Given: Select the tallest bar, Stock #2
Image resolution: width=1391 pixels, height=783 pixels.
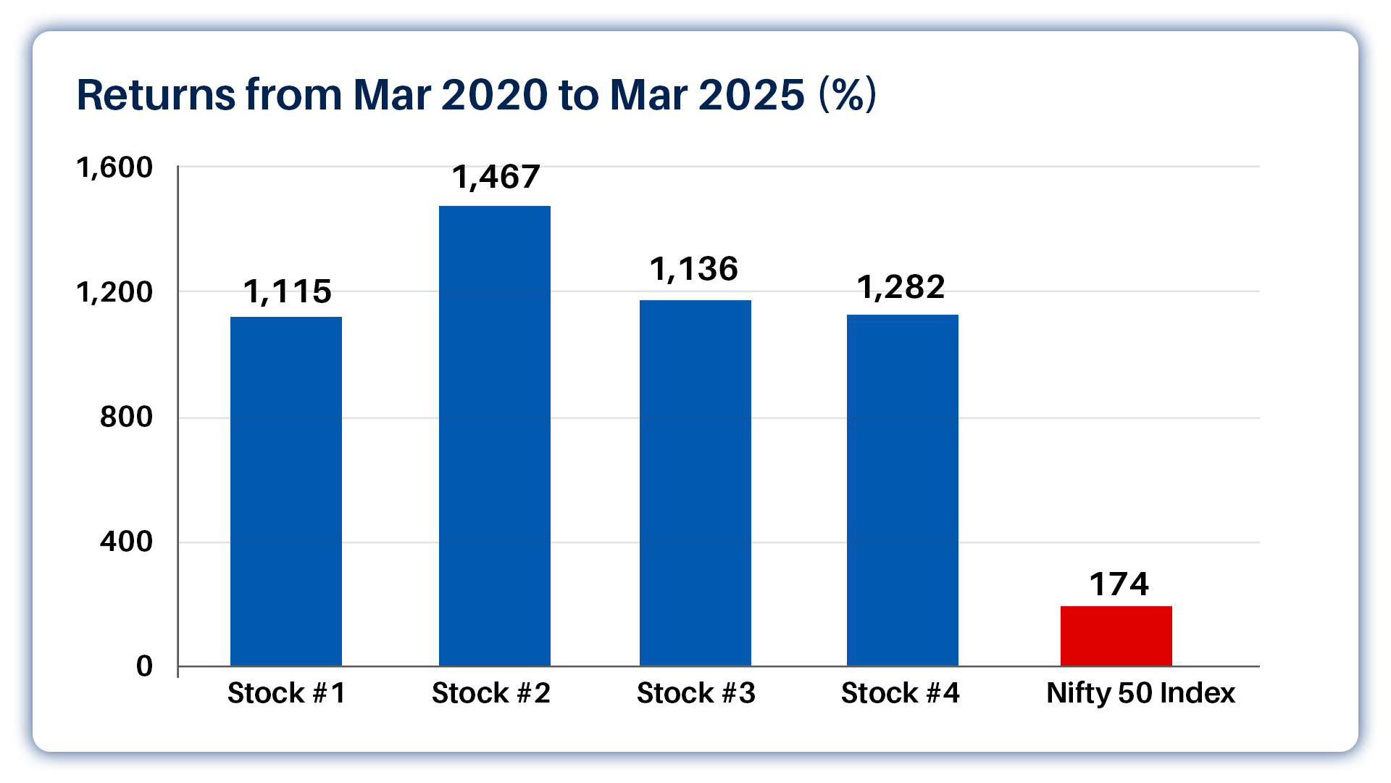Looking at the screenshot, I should coord(495,436).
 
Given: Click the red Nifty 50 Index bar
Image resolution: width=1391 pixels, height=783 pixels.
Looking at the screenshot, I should coord(1116,636).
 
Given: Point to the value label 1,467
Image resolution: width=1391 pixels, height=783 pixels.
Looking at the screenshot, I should coord(496,178).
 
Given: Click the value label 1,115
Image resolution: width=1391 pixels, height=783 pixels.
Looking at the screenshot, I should coord(287,292).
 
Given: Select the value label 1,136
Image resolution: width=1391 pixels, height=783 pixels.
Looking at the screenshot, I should coord(693,270).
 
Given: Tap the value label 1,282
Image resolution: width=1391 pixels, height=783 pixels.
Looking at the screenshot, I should coord(901,288).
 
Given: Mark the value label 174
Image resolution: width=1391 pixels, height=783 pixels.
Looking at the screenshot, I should coord(1119,584).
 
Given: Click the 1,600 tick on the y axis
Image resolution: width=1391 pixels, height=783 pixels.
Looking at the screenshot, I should coord(114,167).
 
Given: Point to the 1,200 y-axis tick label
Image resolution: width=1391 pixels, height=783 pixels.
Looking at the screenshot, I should coord(114,292).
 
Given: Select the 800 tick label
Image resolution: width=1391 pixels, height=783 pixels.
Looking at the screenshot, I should coord(126,417).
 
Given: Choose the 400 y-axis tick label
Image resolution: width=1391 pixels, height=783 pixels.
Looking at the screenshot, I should coord(126,542).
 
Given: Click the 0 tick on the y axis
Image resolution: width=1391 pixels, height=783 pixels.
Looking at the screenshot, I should coord(144,666).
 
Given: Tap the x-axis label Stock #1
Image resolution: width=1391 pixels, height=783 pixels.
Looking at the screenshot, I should coord(286,693).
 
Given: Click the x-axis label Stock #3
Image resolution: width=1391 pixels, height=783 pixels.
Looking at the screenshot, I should coord(695,693).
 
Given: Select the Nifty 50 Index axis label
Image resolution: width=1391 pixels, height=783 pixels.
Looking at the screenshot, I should coord(1140,693).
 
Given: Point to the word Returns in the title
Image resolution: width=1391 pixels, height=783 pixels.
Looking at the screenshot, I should coord(156,95).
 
